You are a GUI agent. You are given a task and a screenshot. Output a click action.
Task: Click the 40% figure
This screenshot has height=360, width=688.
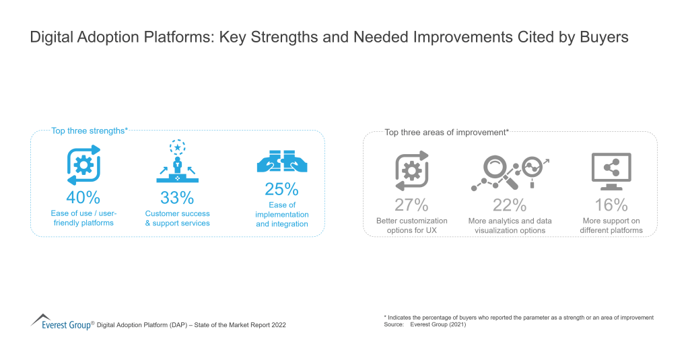click(x=83, y=198)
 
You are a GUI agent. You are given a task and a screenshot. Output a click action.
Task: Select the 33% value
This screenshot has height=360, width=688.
click(x=177, y=198)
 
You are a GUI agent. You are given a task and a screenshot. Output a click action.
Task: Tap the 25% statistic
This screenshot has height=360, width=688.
click(x=282, y=189)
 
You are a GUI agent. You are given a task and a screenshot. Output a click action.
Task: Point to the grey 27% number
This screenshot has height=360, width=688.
click(x=411, y=205)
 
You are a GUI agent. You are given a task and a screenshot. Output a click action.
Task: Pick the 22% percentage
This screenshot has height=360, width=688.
click(x=510, y=205)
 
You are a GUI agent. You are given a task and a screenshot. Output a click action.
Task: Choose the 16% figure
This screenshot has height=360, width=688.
click(x=611, y=205)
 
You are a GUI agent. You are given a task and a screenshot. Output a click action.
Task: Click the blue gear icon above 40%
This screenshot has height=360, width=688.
click(x=83, y=166)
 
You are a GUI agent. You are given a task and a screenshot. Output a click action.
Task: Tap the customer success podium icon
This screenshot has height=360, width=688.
click(x=177, y=162)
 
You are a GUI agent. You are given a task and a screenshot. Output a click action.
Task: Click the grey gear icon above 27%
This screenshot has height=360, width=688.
click(x=411, y=172)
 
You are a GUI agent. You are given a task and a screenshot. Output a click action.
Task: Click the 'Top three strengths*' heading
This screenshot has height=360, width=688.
click(x=90, y=131)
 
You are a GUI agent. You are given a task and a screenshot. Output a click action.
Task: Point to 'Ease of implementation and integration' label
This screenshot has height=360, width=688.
click(x=282, y=214)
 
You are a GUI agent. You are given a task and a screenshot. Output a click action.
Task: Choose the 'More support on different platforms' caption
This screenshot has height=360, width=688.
click(x=611, y=225)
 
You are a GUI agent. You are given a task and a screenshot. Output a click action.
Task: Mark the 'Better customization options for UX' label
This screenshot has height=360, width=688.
click(x=411, y=225)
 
